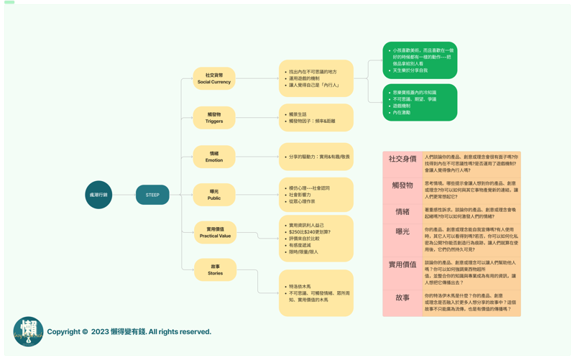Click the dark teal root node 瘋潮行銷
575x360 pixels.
98,195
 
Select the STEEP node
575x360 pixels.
152,195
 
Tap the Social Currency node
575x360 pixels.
214,78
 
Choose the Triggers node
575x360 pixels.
214,117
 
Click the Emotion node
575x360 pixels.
214,157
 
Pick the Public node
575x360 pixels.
214,195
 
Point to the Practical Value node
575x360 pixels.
214,232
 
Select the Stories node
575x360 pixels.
214,269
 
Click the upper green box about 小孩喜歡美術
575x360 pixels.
420,60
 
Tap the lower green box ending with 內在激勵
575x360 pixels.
420,103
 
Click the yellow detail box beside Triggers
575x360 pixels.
316,118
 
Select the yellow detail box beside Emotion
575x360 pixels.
316,157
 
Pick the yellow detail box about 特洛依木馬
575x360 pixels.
316,292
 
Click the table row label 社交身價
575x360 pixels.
402,159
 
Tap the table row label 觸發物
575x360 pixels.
402,185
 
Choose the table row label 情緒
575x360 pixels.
402,212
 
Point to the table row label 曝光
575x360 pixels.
402,231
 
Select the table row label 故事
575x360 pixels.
402,297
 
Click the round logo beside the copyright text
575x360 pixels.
29,332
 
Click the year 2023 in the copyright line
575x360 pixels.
100,332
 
